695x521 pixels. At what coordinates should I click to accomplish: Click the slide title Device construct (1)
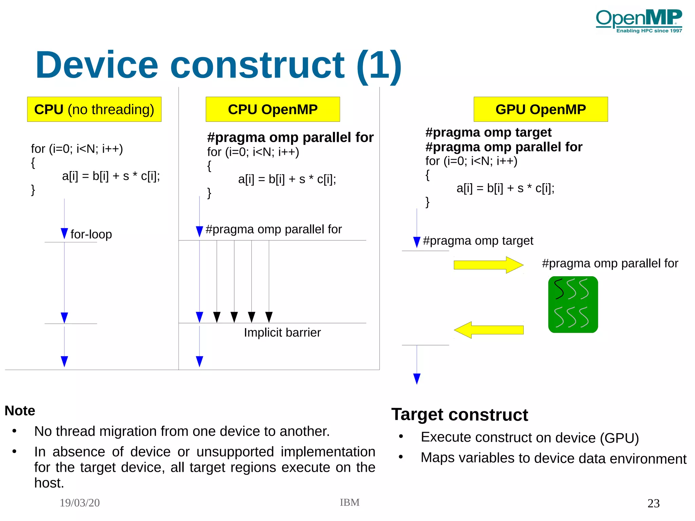(218, 65)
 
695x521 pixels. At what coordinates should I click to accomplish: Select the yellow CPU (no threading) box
(94, 109)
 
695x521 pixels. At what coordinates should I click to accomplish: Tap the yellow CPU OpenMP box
(273, 109)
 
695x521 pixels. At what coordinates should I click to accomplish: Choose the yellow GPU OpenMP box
(540, 109)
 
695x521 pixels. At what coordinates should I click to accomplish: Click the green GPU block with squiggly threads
(573, 304)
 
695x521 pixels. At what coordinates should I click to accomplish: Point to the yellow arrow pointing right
(488, 265)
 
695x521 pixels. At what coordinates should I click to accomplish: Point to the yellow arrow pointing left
(489, 330)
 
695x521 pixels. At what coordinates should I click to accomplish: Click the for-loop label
(91, 234)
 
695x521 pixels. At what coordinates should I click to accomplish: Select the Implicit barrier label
(282, 332)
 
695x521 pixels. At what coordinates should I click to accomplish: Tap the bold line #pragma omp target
(488, 132)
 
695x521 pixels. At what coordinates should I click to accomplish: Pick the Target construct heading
(459, 414)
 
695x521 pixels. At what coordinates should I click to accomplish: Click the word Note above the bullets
(20, 411)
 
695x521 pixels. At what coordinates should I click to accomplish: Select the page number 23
(653, 503)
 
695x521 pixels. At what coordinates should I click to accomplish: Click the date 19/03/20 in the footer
(80, 503)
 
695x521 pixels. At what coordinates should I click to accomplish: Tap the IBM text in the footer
(350, 502)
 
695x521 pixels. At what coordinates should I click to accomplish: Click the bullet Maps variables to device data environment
(553, 458)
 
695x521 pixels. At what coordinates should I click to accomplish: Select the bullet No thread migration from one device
(182, 431)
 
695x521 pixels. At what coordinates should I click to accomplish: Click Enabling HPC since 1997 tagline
(649, 31)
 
